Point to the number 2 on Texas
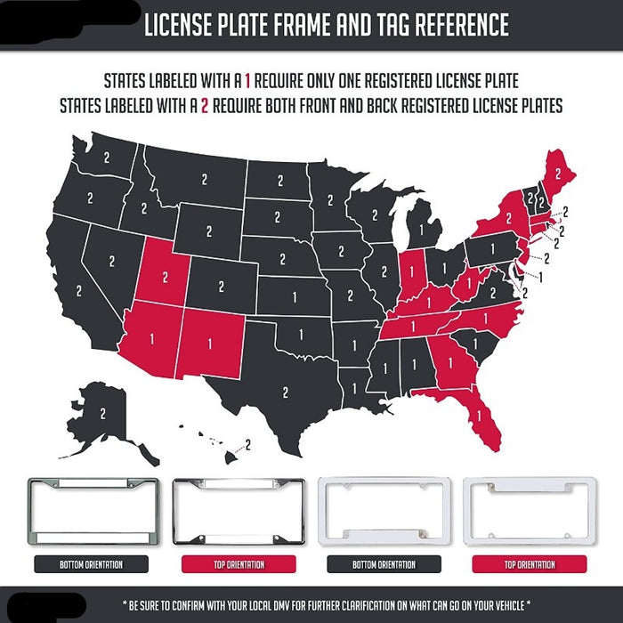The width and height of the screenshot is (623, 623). pos(285,391)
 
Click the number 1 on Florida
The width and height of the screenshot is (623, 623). pos(480,414)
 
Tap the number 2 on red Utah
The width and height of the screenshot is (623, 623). pos(164,276)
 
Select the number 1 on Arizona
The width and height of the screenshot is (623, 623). pos(151,338)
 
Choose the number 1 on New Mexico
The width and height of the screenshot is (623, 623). pos(211,340)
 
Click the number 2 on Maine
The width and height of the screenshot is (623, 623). pos(558,171)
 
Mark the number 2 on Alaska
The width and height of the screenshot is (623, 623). pos(103,413)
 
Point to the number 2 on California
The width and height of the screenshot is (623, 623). pos(79,290)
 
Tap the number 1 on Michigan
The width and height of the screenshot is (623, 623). pos(420,230)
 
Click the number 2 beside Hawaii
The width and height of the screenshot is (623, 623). pos(247,442)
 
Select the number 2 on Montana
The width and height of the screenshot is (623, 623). pos(203,179)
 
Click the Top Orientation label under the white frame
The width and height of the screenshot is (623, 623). pos(530,564)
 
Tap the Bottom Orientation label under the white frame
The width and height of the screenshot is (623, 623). pos(384,564)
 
